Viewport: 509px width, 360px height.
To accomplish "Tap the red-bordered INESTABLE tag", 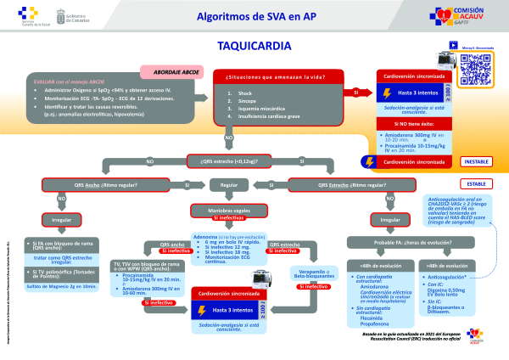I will (478, 160).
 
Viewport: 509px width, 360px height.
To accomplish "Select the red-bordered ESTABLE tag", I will (478, 182).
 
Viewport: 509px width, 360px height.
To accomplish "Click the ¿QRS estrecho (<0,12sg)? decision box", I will (229, 160).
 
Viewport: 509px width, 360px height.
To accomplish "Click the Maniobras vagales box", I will (229, 208).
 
